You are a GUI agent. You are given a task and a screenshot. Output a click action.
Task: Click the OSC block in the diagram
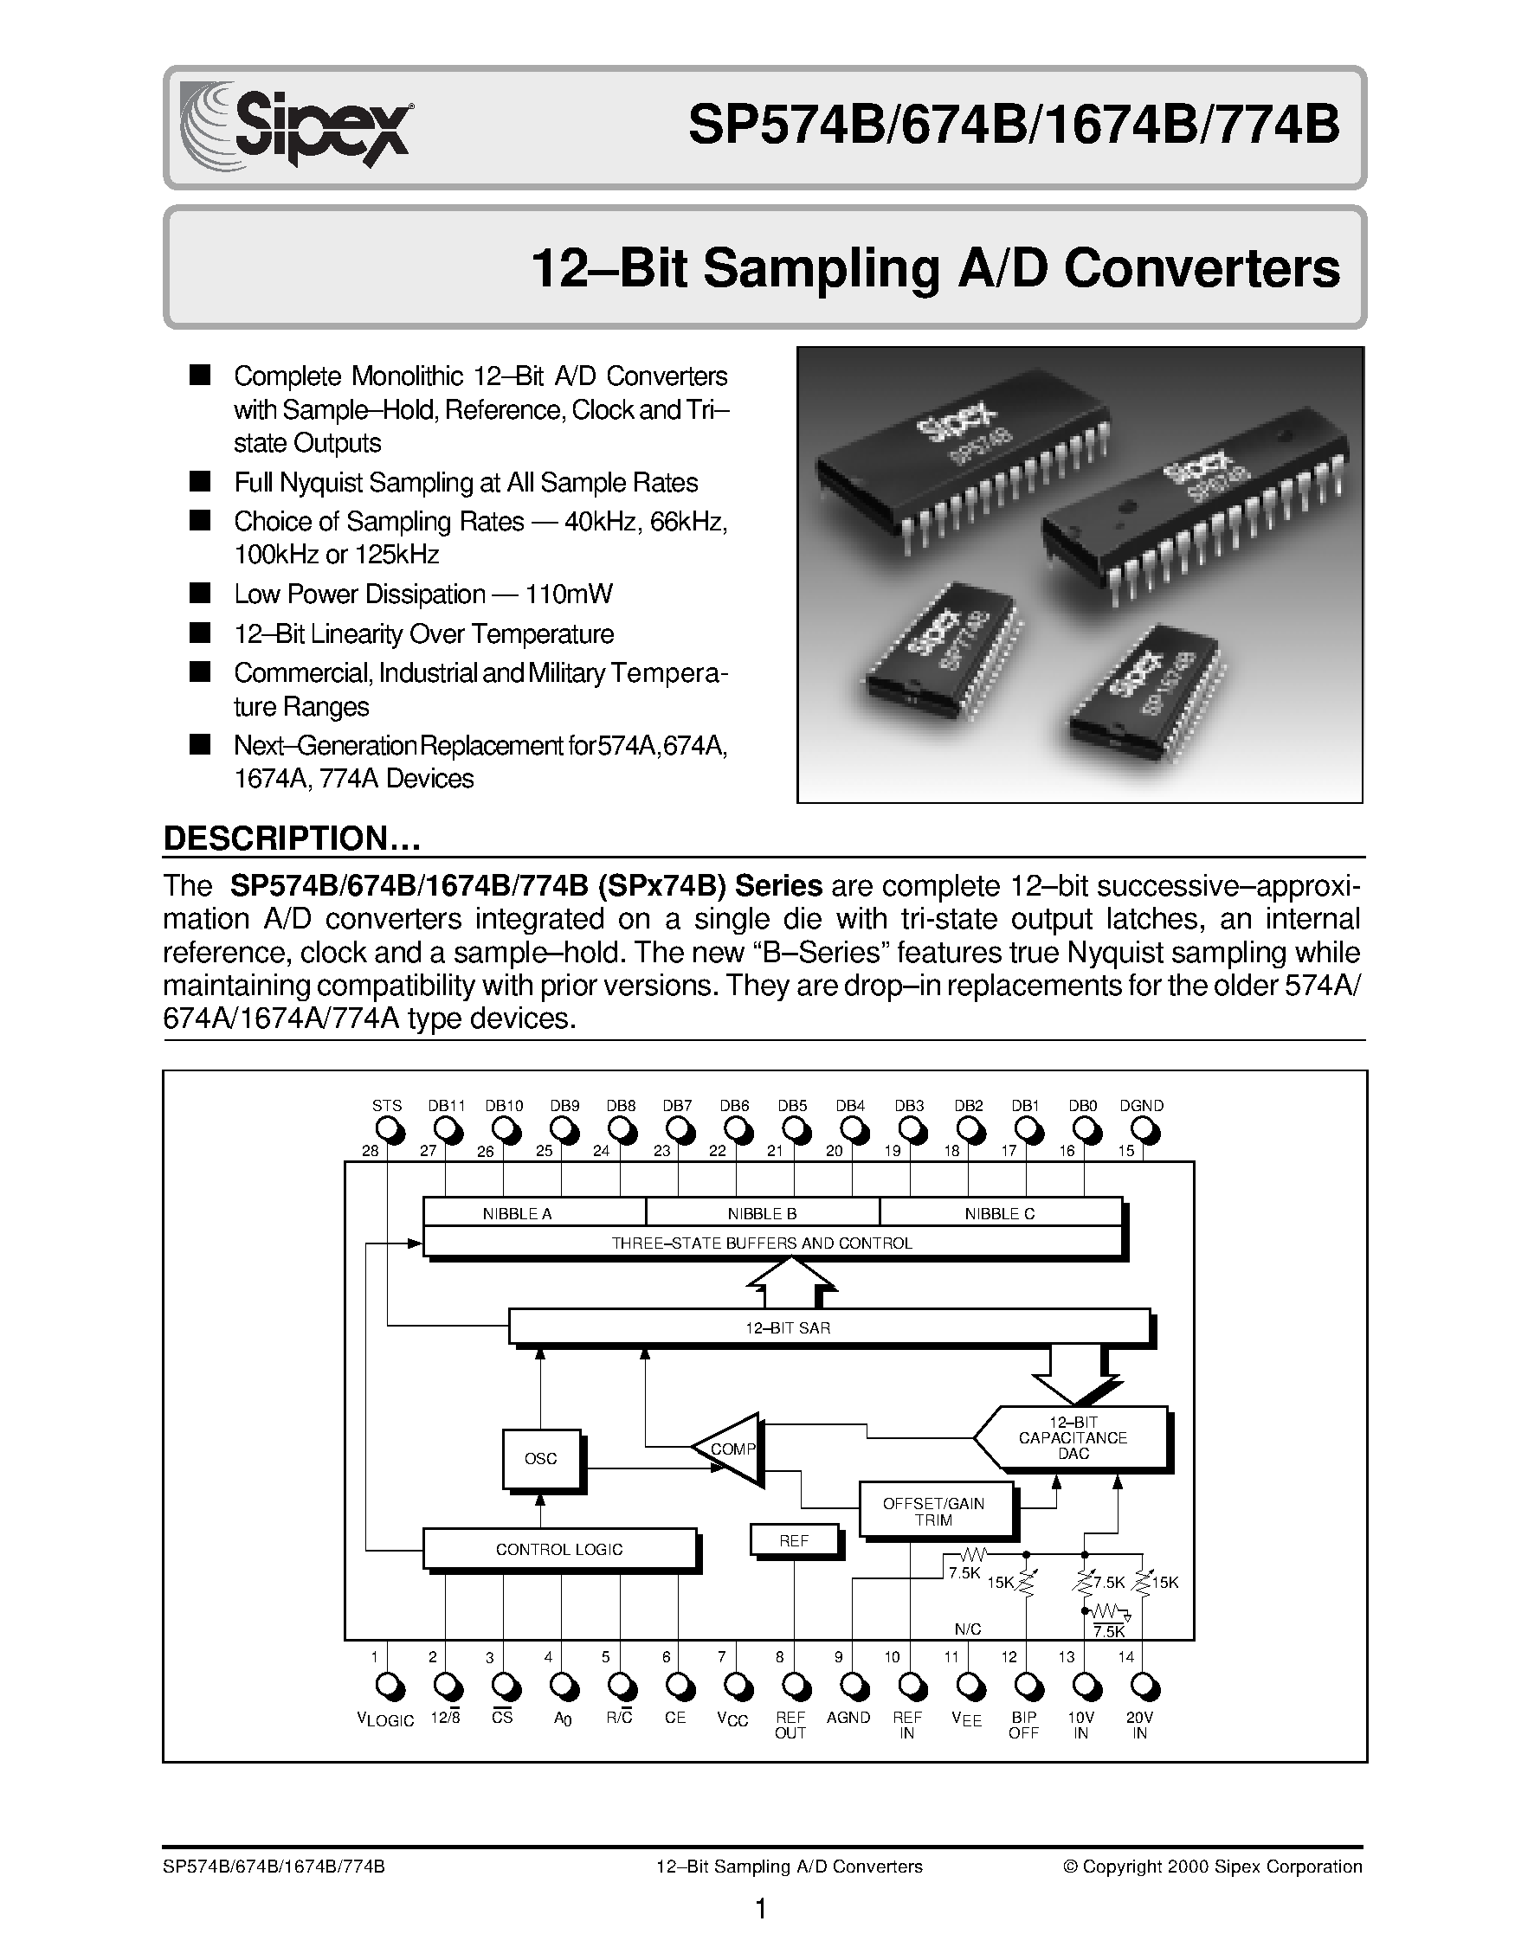click(x=540, y=1458)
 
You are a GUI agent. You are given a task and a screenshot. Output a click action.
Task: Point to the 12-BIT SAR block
click(x=828, y=1327)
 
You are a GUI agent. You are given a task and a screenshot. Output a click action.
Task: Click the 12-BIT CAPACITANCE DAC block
click(x=1073, y=1438)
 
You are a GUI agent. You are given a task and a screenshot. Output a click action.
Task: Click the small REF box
click(x=795, y=1539)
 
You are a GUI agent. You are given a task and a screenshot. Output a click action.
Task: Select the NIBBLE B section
click(x=762, y=1213)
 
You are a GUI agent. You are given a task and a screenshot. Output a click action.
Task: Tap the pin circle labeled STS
click(x=389, y=1130)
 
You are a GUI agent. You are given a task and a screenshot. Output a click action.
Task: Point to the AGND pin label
click(x=848, y=1717)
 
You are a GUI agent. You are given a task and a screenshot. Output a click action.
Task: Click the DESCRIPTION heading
click(x=291, y=838)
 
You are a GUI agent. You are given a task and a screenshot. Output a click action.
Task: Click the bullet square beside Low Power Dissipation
click(x=201, y=593)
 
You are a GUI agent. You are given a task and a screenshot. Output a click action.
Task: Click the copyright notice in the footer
click(x=1213, y=1841)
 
